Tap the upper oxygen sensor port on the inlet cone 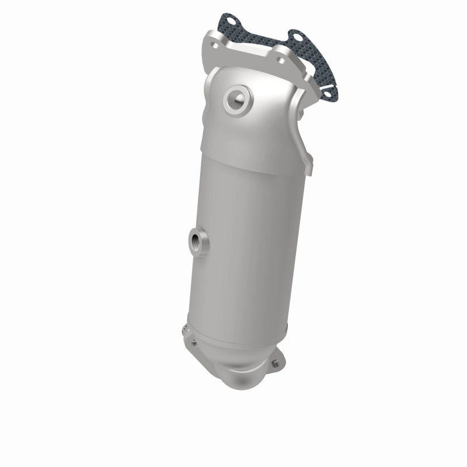(x=238, y=96)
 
